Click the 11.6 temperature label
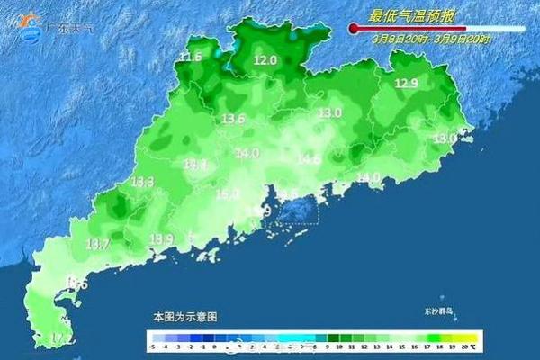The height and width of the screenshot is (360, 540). point(190,58)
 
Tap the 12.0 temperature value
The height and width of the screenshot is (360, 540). point(265,60)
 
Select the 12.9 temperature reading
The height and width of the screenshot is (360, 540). point(407,84)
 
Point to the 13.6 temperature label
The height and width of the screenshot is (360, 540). point(234,119)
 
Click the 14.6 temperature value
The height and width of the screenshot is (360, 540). point(309,159)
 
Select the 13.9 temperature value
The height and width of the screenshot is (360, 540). point(161,238)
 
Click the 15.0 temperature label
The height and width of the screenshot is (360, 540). point(227,193)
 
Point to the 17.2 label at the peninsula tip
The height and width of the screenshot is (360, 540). point(61,337)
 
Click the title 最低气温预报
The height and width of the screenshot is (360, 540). point(412,15)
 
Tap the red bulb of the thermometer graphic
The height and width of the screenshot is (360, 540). point(354,29)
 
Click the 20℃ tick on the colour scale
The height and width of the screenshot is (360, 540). point(466,346)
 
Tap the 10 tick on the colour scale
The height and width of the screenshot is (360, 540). point(339,346)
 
